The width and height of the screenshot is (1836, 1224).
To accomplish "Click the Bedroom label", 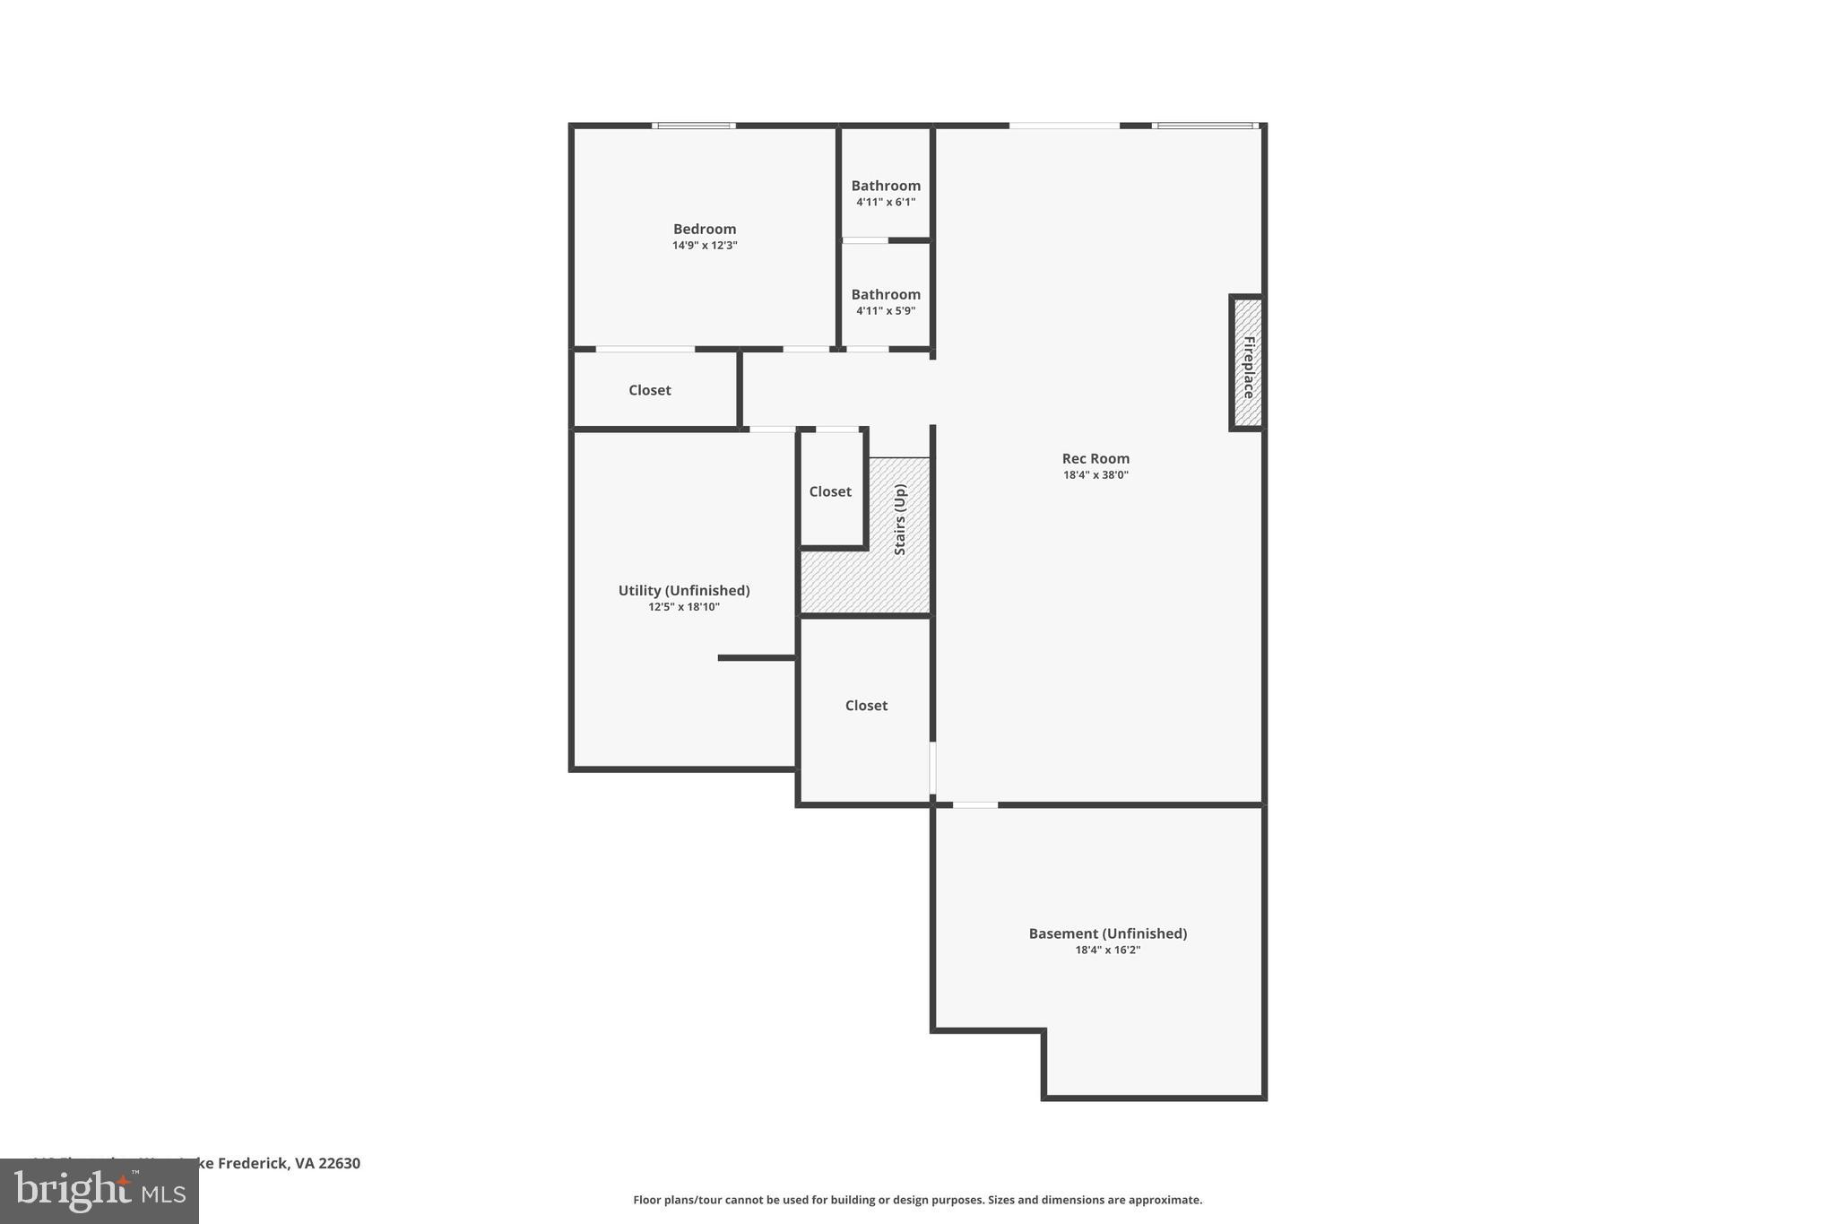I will [705, 229].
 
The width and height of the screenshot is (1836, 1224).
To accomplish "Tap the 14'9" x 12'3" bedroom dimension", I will [705, 246].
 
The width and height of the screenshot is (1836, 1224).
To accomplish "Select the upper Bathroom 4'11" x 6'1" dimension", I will [886, 203].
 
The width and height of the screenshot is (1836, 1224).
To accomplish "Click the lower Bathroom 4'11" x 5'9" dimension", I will [886, 311].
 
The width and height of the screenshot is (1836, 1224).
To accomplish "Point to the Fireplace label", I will [1248, 367].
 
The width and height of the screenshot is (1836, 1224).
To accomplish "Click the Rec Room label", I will [1096, 458].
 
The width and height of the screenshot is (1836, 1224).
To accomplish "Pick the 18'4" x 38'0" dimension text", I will [1096, 475].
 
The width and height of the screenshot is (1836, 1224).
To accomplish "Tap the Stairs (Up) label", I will [900, 519].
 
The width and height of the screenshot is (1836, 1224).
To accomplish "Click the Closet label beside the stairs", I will [830, 491].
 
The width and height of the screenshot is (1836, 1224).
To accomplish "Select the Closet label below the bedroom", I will [649, 390].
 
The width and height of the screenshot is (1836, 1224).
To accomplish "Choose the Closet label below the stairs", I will [866, 706].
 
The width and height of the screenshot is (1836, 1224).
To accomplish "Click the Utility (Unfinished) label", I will [684, 590].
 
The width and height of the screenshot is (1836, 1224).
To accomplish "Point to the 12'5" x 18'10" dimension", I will [684, 607].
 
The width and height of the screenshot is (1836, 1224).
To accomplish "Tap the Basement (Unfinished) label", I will [1107, 933].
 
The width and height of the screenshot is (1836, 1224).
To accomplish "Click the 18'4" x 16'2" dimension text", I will [1107, 951].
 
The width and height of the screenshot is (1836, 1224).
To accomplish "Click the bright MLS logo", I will [100, 1191].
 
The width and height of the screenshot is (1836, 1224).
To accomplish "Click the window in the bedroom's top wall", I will [694, 126].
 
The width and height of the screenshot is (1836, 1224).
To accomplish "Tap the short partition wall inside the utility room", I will [757, 658].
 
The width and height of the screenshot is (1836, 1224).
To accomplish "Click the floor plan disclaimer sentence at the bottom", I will [917, 1200].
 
